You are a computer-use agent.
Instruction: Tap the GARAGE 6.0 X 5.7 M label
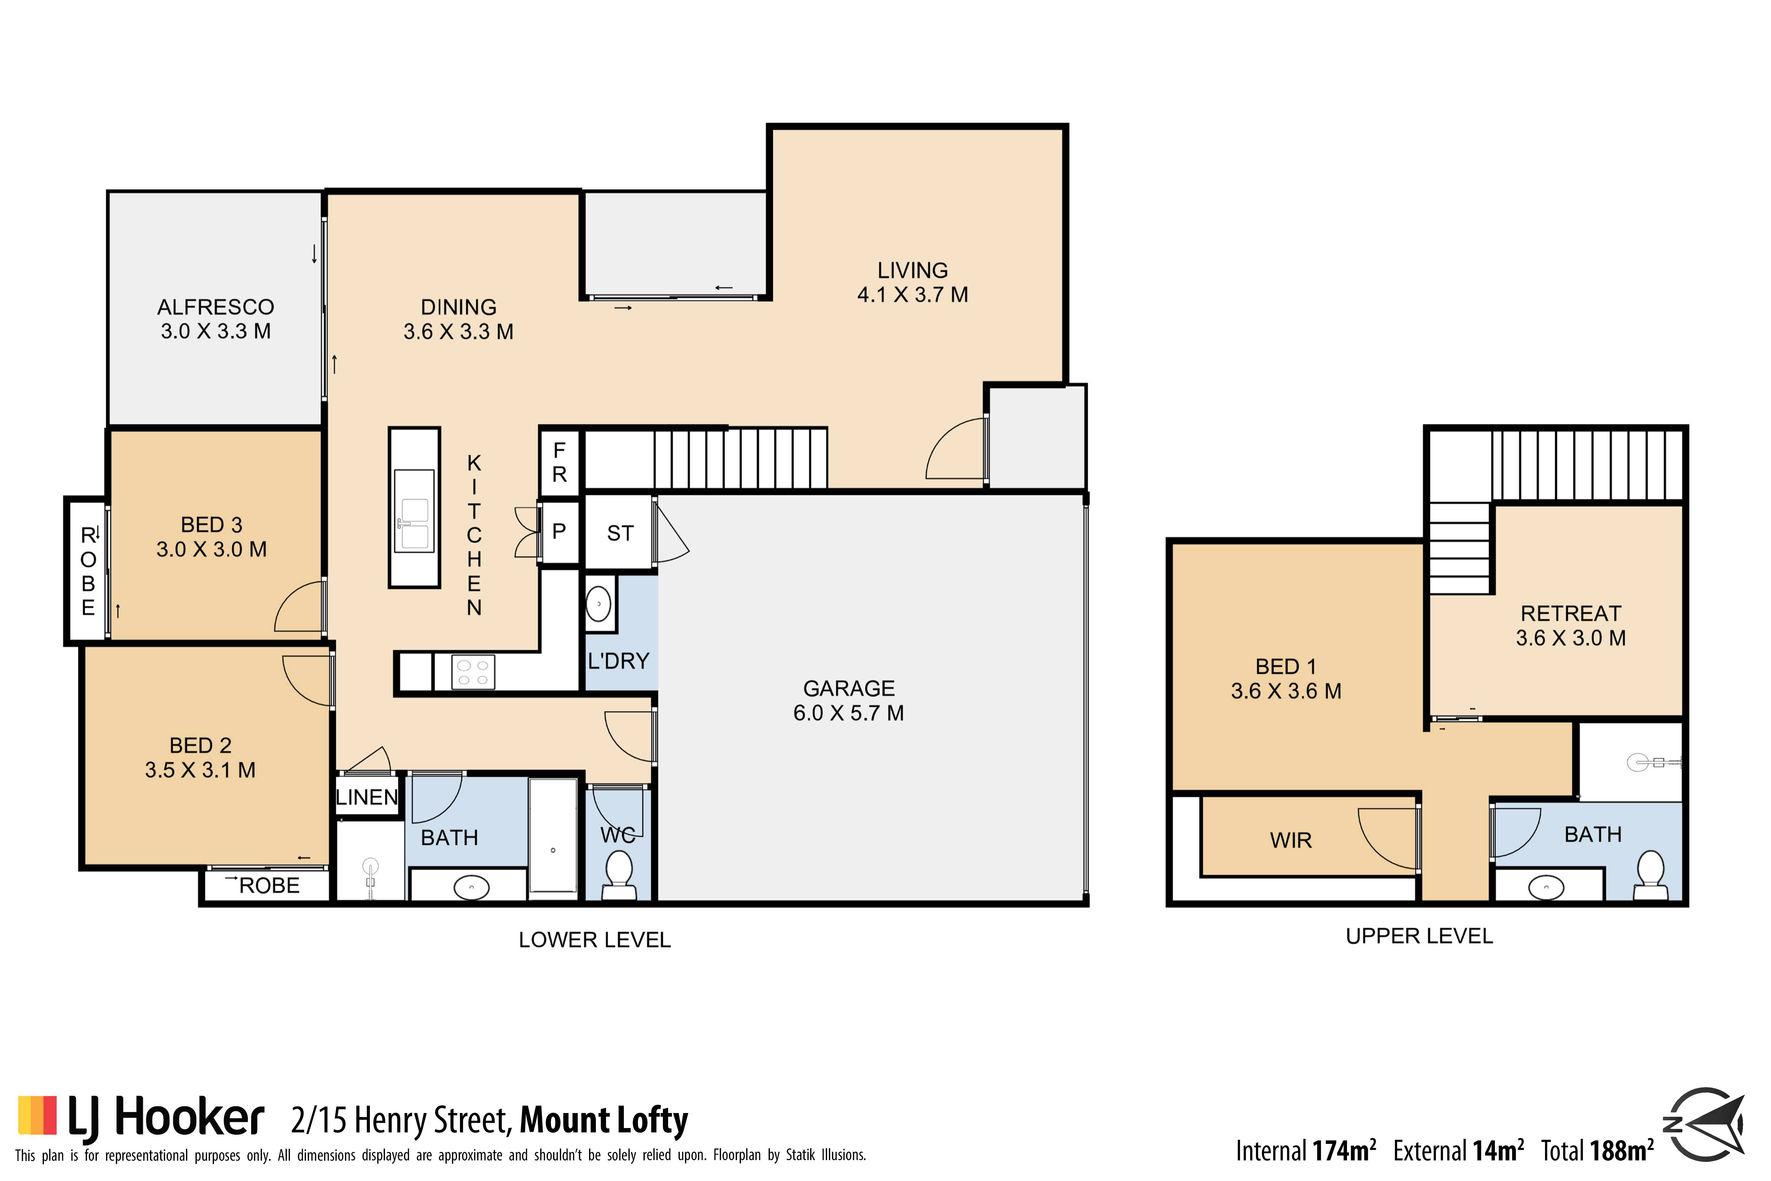pos(849,701)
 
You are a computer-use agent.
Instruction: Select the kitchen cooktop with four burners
pos(473,672)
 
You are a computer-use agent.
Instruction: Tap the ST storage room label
pos(620,533)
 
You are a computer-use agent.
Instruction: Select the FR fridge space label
pos(560,463)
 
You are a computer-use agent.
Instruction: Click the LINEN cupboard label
pos(367,797)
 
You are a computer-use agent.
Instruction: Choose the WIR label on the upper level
pos(1291,841)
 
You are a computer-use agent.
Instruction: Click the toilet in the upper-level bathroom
pos(1650,875)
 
